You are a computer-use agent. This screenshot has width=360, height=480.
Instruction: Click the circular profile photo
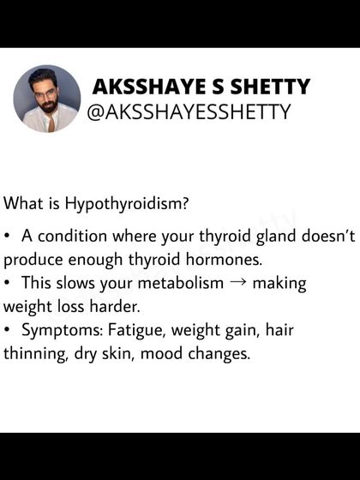pos(46,99)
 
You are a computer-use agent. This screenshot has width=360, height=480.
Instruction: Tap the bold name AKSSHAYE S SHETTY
pos(201,87)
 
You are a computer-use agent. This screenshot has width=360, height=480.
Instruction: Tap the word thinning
pos(32,353)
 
